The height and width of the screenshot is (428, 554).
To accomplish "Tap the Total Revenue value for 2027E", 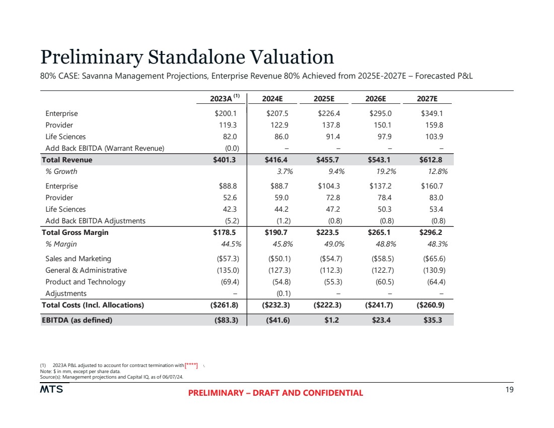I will click(x=432, y=160).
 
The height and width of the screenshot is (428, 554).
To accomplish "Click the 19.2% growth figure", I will click(x=385, y=171).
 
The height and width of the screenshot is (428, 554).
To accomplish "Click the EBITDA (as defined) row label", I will click(x=77, y=319).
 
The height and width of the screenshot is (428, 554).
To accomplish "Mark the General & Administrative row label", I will click(x=86, y=270).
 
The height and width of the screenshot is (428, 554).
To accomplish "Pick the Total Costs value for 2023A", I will click(x=224, y=305).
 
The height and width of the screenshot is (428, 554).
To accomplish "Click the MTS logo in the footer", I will click(x=51, y=389).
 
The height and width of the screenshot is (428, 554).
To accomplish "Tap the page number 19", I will click(x=509, y=389).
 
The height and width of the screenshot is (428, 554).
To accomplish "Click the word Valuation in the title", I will click(x=283, y=57).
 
